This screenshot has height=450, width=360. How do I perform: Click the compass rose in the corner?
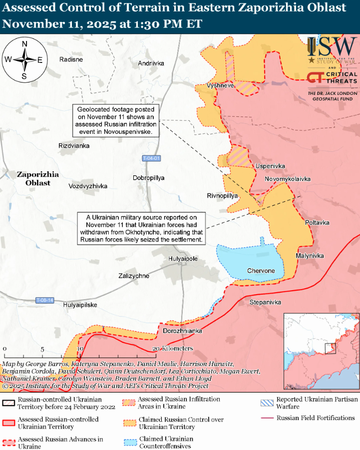(x=24, y=60)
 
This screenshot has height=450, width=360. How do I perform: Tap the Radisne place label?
(x=71, y=59)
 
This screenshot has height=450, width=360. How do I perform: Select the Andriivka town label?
(x=151, y=63)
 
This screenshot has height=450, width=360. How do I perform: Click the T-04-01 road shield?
(x=151, y=158)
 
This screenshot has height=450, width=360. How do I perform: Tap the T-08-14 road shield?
(x=44, y=300)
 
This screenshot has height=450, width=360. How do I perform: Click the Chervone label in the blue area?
(x=261, y=271)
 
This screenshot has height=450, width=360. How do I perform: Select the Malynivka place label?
(x=310, y=256)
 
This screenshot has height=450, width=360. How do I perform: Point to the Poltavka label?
(x=317, y=222)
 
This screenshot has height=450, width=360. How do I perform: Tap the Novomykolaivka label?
(x=288, y=179)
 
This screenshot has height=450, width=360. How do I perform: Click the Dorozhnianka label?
(x=182, y=331)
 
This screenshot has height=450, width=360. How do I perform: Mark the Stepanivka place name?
(x=265, y=303)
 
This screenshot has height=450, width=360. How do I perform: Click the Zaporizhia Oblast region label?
(x=38, y=179)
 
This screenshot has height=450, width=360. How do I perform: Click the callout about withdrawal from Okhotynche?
(x=141, y=229)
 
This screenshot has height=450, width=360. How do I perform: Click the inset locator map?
(x=321, y=352)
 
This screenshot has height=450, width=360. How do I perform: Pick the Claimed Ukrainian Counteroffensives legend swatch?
(x=129, y=439)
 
